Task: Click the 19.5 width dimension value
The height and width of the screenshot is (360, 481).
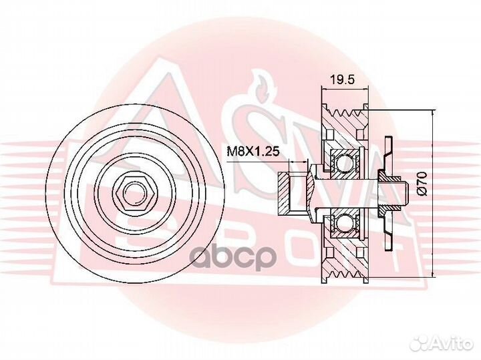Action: click(x=342, y=80)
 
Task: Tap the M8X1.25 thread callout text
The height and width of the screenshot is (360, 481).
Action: click(x=253, y=151)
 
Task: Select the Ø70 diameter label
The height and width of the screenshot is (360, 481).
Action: click(x=422, y=184)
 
